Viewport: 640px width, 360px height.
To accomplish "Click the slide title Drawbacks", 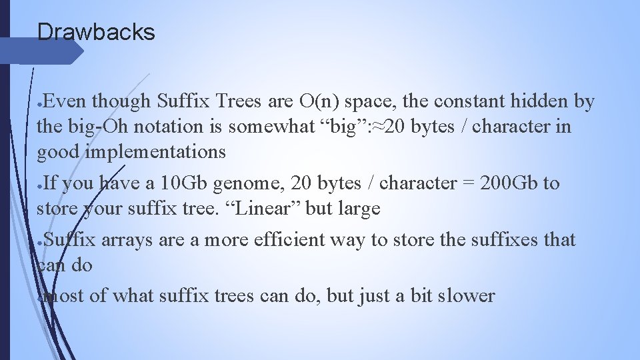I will coord(96,31).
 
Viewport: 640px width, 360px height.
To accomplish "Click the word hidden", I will coord(541,101).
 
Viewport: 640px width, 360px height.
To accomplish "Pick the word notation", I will coord(169,127).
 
